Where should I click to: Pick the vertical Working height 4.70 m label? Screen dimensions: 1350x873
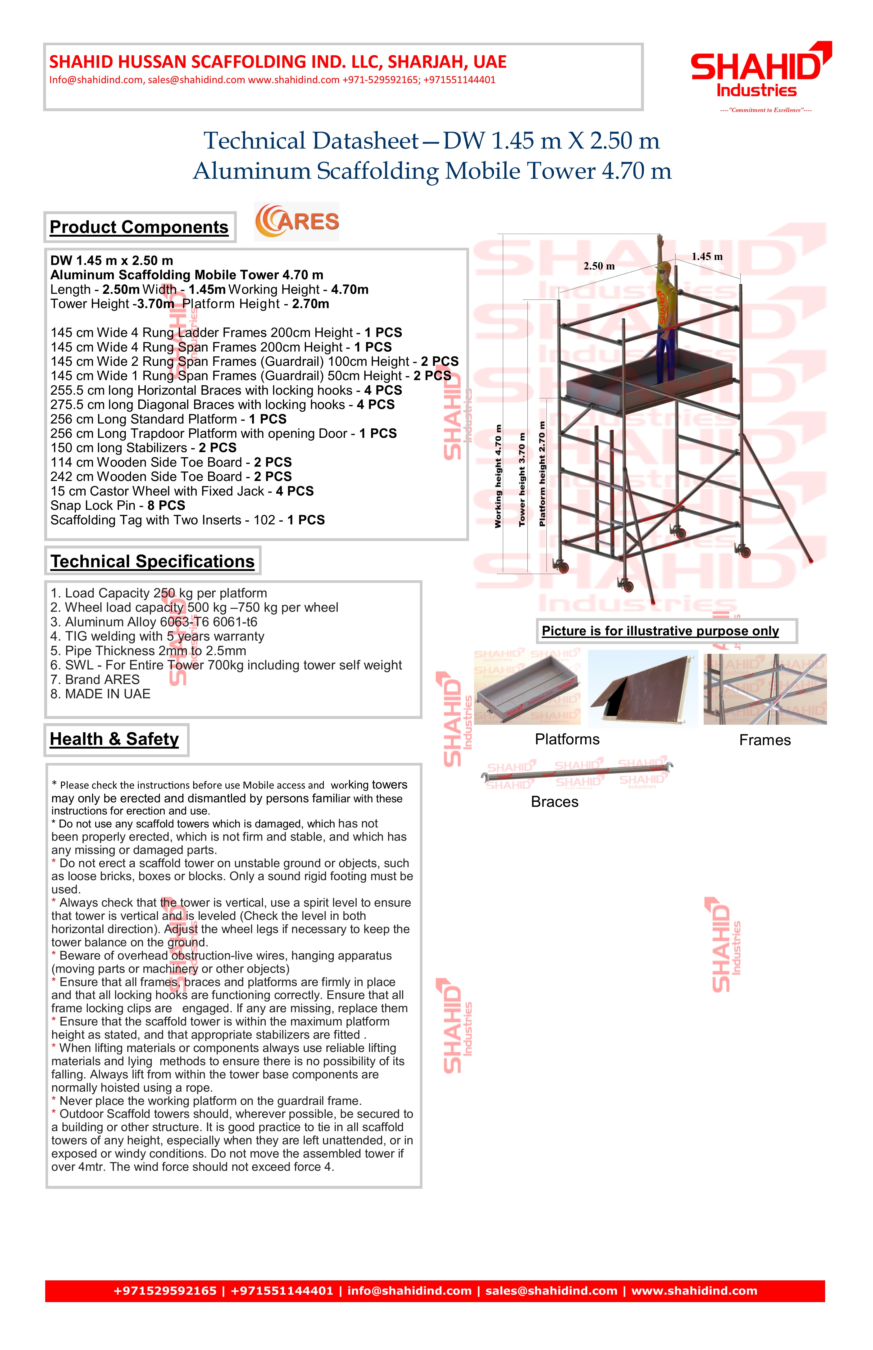click(x=498, y=476)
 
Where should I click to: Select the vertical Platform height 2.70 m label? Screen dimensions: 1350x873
click(x=543, y=474)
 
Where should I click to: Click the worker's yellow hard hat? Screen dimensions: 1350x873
click(x=667, y=267)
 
